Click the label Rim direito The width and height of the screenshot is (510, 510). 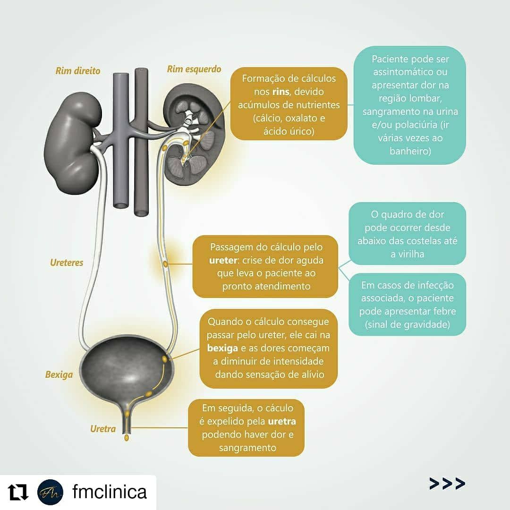(78, 71)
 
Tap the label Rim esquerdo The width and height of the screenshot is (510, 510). (194, 69)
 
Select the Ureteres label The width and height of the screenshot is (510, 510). (67, 263)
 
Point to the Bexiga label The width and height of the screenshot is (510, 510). (59, 375)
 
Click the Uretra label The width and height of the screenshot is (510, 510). (103, 429)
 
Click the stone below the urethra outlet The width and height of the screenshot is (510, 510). (127, 438)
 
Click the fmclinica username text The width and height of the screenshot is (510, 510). (109, 492)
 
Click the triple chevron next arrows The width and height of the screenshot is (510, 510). (447, 483)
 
